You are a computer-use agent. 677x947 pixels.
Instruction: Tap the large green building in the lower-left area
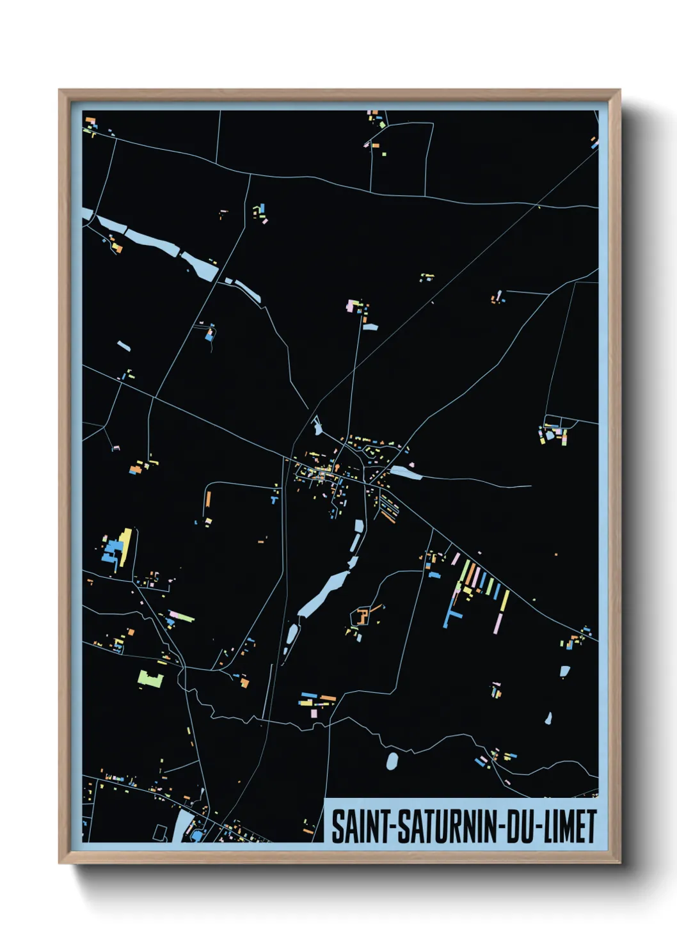click(x=150, y=678)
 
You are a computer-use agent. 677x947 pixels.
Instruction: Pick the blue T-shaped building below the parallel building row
click(x=451, y=616)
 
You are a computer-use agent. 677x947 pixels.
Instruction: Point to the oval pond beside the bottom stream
click(x=392, y=761)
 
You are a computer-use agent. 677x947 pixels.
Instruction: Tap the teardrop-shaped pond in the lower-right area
click(x=548, y=719)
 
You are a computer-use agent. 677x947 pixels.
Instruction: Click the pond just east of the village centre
click(x=406, y=473)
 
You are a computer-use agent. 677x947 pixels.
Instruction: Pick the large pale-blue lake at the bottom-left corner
click(x=186, y=825)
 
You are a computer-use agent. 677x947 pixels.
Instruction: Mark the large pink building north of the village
click(x=351, y=305)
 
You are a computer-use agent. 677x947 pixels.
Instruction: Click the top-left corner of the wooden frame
click(x=60, y=90)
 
